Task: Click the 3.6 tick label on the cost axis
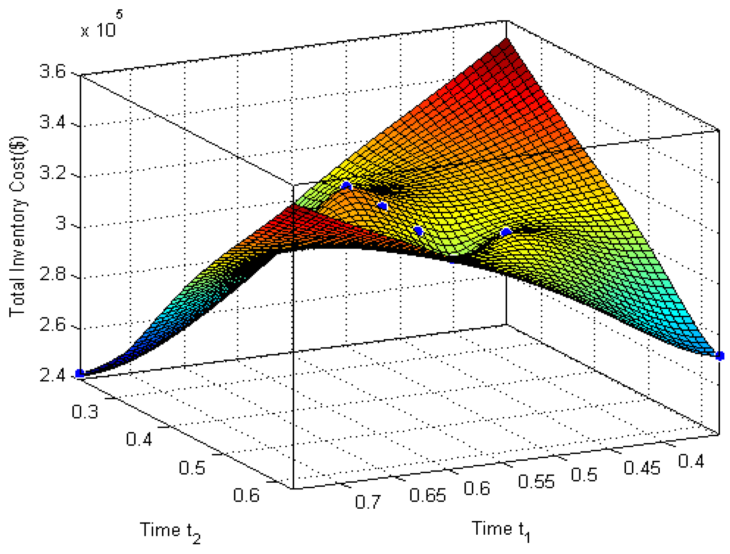(52, 71)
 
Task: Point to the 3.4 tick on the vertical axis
(52, 122)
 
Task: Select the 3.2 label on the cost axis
(52, 173)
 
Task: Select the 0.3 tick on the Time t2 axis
(85, 412)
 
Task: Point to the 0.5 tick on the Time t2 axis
(192, 468)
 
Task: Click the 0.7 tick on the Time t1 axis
(368, 502)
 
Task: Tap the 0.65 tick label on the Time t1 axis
(427, 495)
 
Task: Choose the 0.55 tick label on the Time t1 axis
(536, 482)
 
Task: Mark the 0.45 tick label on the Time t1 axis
(642, 468)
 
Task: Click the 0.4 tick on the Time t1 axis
(691, 461)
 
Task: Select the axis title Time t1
(501, 530)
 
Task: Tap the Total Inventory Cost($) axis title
(18, 227)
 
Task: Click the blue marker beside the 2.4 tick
(80, 373)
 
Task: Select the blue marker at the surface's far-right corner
(720, 356)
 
